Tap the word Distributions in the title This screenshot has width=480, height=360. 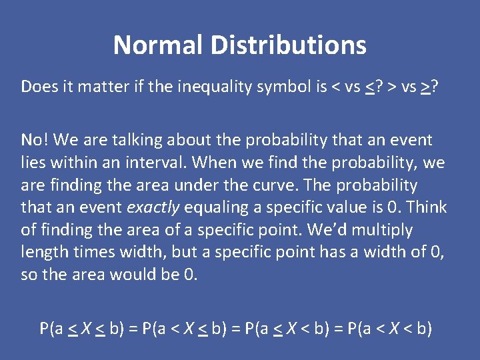[288, 45]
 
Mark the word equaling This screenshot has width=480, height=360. [213, 207]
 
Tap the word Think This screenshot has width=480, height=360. [427, 207]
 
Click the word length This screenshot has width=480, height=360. [43, 253]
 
